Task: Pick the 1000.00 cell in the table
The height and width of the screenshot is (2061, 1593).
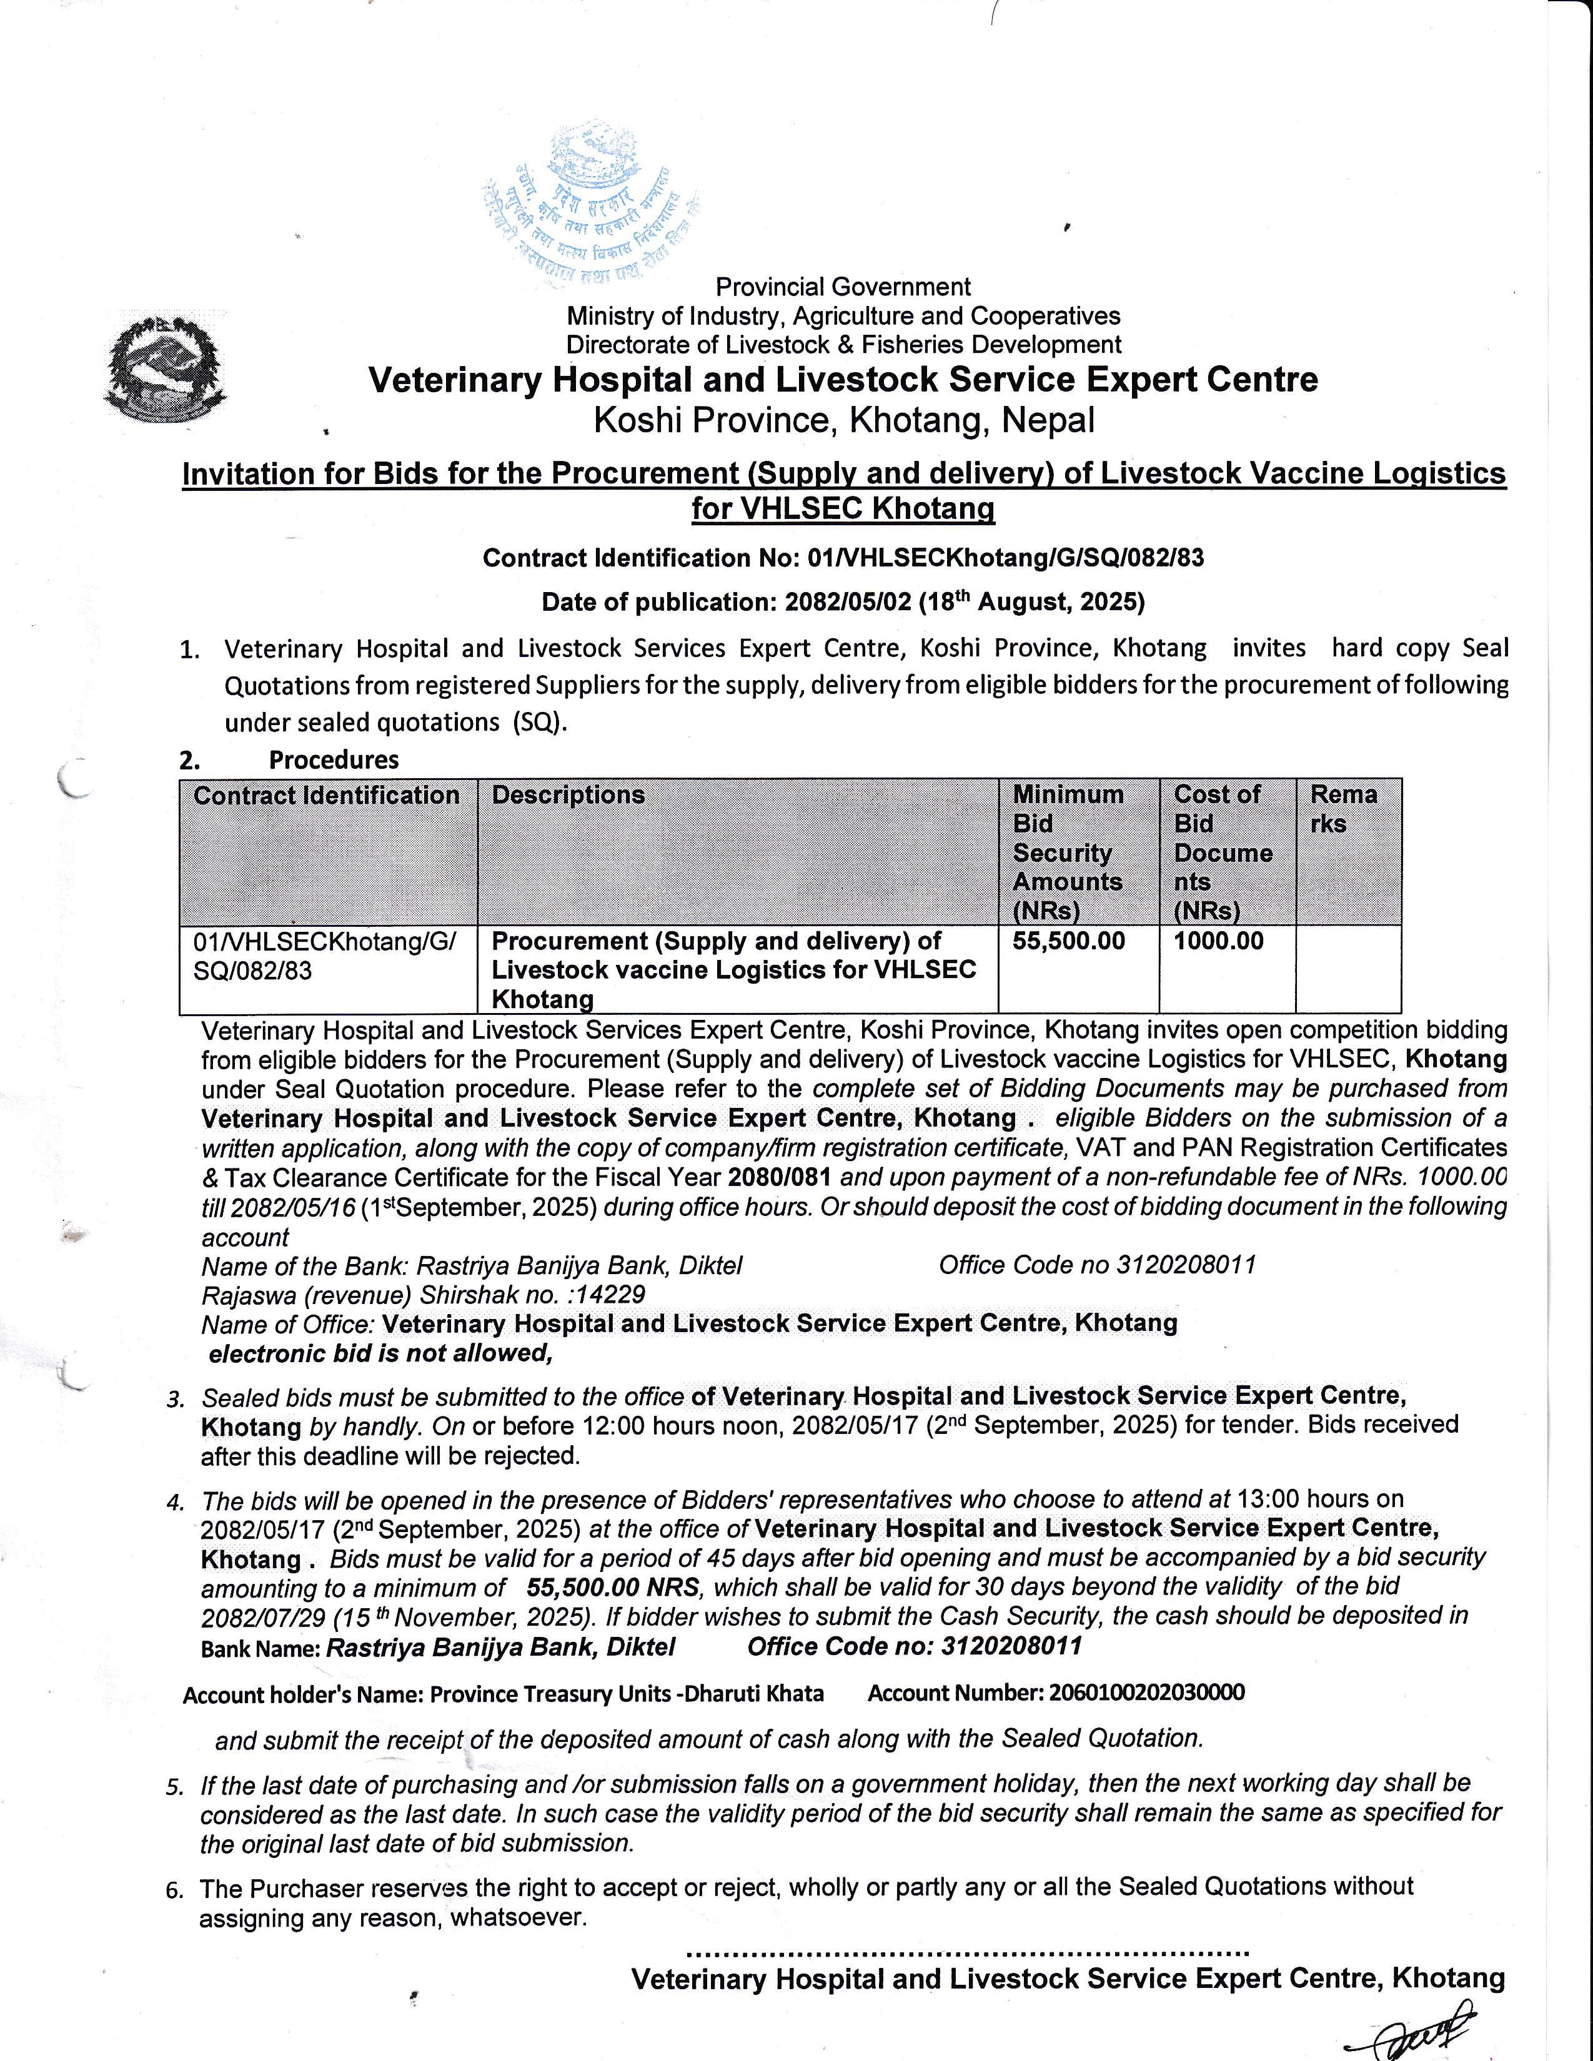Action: tap(1218, 941)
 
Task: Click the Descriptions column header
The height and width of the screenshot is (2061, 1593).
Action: tap(568, 796)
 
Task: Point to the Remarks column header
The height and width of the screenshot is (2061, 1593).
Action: tap(1343, 809)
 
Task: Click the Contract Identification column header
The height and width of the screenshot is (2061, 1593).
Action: tap(327, 796)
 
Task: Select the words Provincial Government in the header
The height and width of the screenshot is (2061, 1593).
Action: tap(843, 287)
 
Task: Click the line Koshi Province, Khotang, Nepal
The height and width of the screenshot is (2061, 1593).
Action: tap(844, 420)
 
